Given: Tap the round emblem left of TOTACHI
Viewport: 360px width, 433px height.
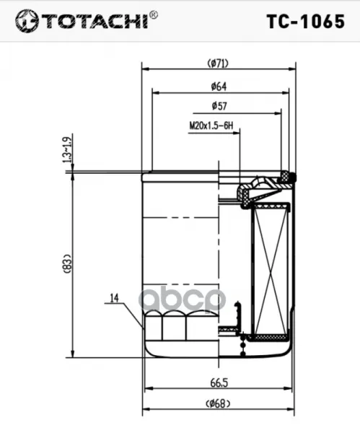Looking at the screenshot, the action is (x=27, y=21).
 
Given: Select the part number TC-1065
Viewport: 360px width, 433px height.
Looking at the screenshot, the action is (x=306, y=22).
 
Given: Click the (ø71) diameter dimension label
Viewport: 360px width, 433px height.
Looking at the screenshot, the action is (x=218, y=64).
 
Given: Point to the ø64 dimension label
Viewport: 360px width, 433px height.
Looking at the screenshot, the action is (x=219, y=87).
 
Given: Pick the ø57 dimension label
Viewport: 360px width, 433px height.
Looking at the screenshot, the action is (x=219, y=106).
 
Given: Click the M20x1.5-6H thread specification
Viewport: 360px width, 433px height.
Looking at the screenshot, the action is (x=211, y=126).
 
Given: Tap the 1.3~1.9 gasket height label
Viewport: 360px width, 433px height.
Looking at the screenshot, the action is (x=68, y=148).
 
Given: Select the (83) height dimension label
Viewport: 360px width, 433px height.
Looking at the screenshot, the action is (x=68, y=263).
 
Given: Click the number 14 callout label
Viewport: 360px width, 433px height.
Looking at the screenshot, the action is (x=114, y=298).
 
